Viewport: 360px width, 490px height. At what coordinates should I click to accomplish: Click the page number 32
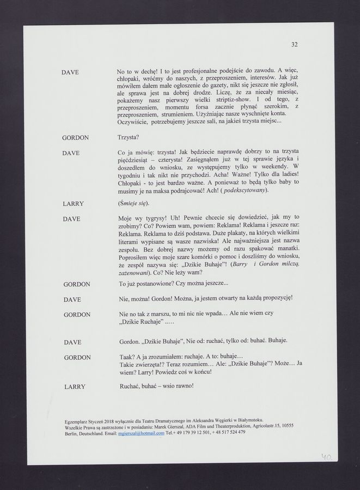[x=294, y=45]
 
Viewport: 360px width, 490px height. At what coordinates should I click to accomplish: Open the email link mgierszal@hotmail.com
[x=141, y=433]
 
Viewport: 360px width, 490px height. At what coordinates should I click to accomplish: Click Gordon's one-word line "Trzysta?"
[x=129, y=138]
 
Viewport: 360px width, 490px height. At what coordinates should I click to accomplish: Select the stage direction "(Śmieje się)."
[x=133, y=204]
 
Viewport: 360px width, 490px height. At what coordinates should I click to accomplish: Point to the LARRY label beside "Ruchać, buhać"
[x=74, y=387]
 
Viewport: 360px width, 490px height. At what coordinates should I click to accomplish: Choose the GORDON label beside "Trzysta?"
[x=76, y=138]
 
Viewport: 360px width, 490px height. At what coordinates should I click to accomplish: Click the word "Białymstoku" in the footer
[x=249, y=420]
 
